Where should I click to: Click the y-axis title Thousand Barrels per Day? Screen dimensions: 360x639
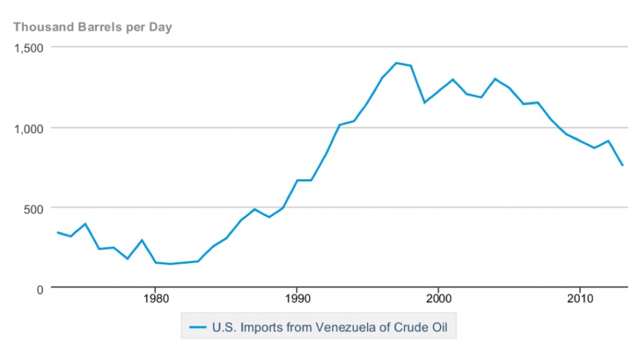[x=93, y=27]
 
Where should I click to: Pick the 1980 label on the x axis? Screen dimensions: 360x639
[x=155, y=299]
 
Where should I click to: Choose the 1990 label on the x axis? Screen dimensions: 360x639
[x=296, y=299]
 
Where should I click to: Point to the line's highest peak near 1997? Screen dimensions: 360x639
[x=396, y=63]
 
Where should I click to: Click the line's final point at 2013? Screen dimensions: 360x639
[x=622, y=166]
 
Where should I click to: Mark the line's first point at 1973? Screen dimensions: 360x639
[x=57, y=232]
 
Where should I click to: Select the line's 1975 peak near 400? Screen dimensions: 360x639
[x=85, y=224]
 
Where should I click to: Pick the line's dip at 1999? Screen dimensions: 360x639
[x=424, y=102]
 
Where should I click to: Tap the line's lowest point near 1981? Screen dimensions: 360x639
[x=169, y=264]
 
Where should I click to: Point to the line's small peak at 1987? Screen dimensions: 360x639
[x=254, y=209]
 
